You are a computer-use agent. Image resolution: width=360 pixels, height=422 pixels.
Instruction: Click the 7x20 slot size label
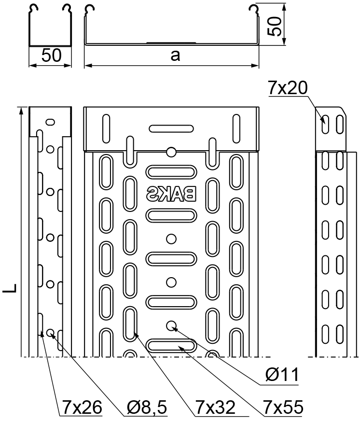click(x=287, y=88)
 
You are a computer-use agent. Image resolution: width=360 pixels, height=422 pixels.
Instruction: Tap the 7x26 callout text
click(x=82, y=407)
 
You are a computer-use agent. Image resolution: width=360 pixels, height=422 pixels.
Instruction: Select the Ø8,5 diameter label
click(x=147, y=407)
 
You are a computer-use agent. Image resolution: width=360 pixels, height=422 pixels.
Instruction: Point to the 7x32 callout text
click(x=215, y=407)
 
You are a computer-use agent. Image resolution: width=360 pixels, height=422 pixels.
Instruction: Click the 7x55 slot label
click(x=283, y=407)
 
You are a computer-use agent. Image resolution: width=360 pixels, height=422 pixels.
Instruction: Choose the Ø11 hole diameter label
click(x=282, y=374)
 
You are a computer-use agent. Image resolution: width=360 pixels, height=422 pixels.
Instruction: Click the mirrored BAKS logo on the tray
click(x=171, y=194)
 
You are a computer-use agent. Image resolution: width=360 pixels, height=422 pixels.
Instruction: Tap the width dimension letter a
click(x=175, y=56)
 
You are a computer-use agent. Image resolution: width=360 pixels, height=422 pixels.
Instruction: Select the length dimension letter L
click(x=10, y=288)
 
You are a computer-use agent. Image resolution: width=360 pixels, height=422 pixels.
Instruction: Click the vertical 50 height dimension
click(x=275, y=26)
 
